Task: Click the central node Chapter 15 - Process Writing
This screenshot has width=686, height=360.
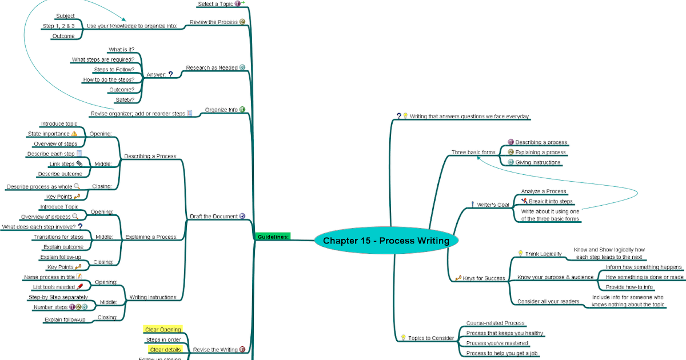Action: point(386,241)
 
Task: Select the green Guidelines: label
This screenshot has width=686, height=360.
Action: point(273,237)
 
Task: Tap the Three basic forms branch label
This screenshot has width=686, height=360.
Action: point(473,153)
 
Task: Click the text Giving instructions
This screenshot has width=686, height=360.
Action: point(537,162)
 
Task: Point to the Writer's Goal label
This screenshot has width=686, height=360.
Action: point(493,205)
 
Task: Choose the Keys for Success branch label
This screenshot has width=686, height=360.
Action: point(484,278)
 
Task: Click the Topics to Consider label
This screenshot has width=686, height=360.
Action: point(431,338)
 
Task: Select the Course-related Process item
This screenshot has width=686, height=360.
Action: point(495,323)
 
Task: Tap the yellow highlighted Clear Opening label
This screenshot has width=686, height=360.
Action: point(163,330)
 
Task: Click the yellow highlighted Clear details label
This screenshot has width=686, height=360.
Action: point(165,349)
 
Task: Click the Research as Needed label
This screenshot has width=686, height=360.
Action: point(212,67)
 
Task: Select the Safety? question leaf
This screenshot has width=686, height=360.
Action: point(125,99)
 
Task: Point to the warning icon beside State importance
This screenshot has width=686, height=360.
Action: point(74,134)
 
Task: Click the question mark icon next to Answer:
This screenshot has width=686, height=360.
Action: point(170,74)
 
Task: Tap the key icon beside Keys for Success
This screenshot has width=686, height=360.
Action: point(458,278)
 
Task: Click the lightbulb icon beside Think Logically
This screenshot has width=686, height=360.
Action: point(520,253)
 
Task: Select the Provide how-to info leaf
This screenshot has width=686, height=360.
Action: point(629,287)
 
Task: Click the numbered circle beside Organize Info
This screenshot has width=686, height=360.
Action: point(242,110)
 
